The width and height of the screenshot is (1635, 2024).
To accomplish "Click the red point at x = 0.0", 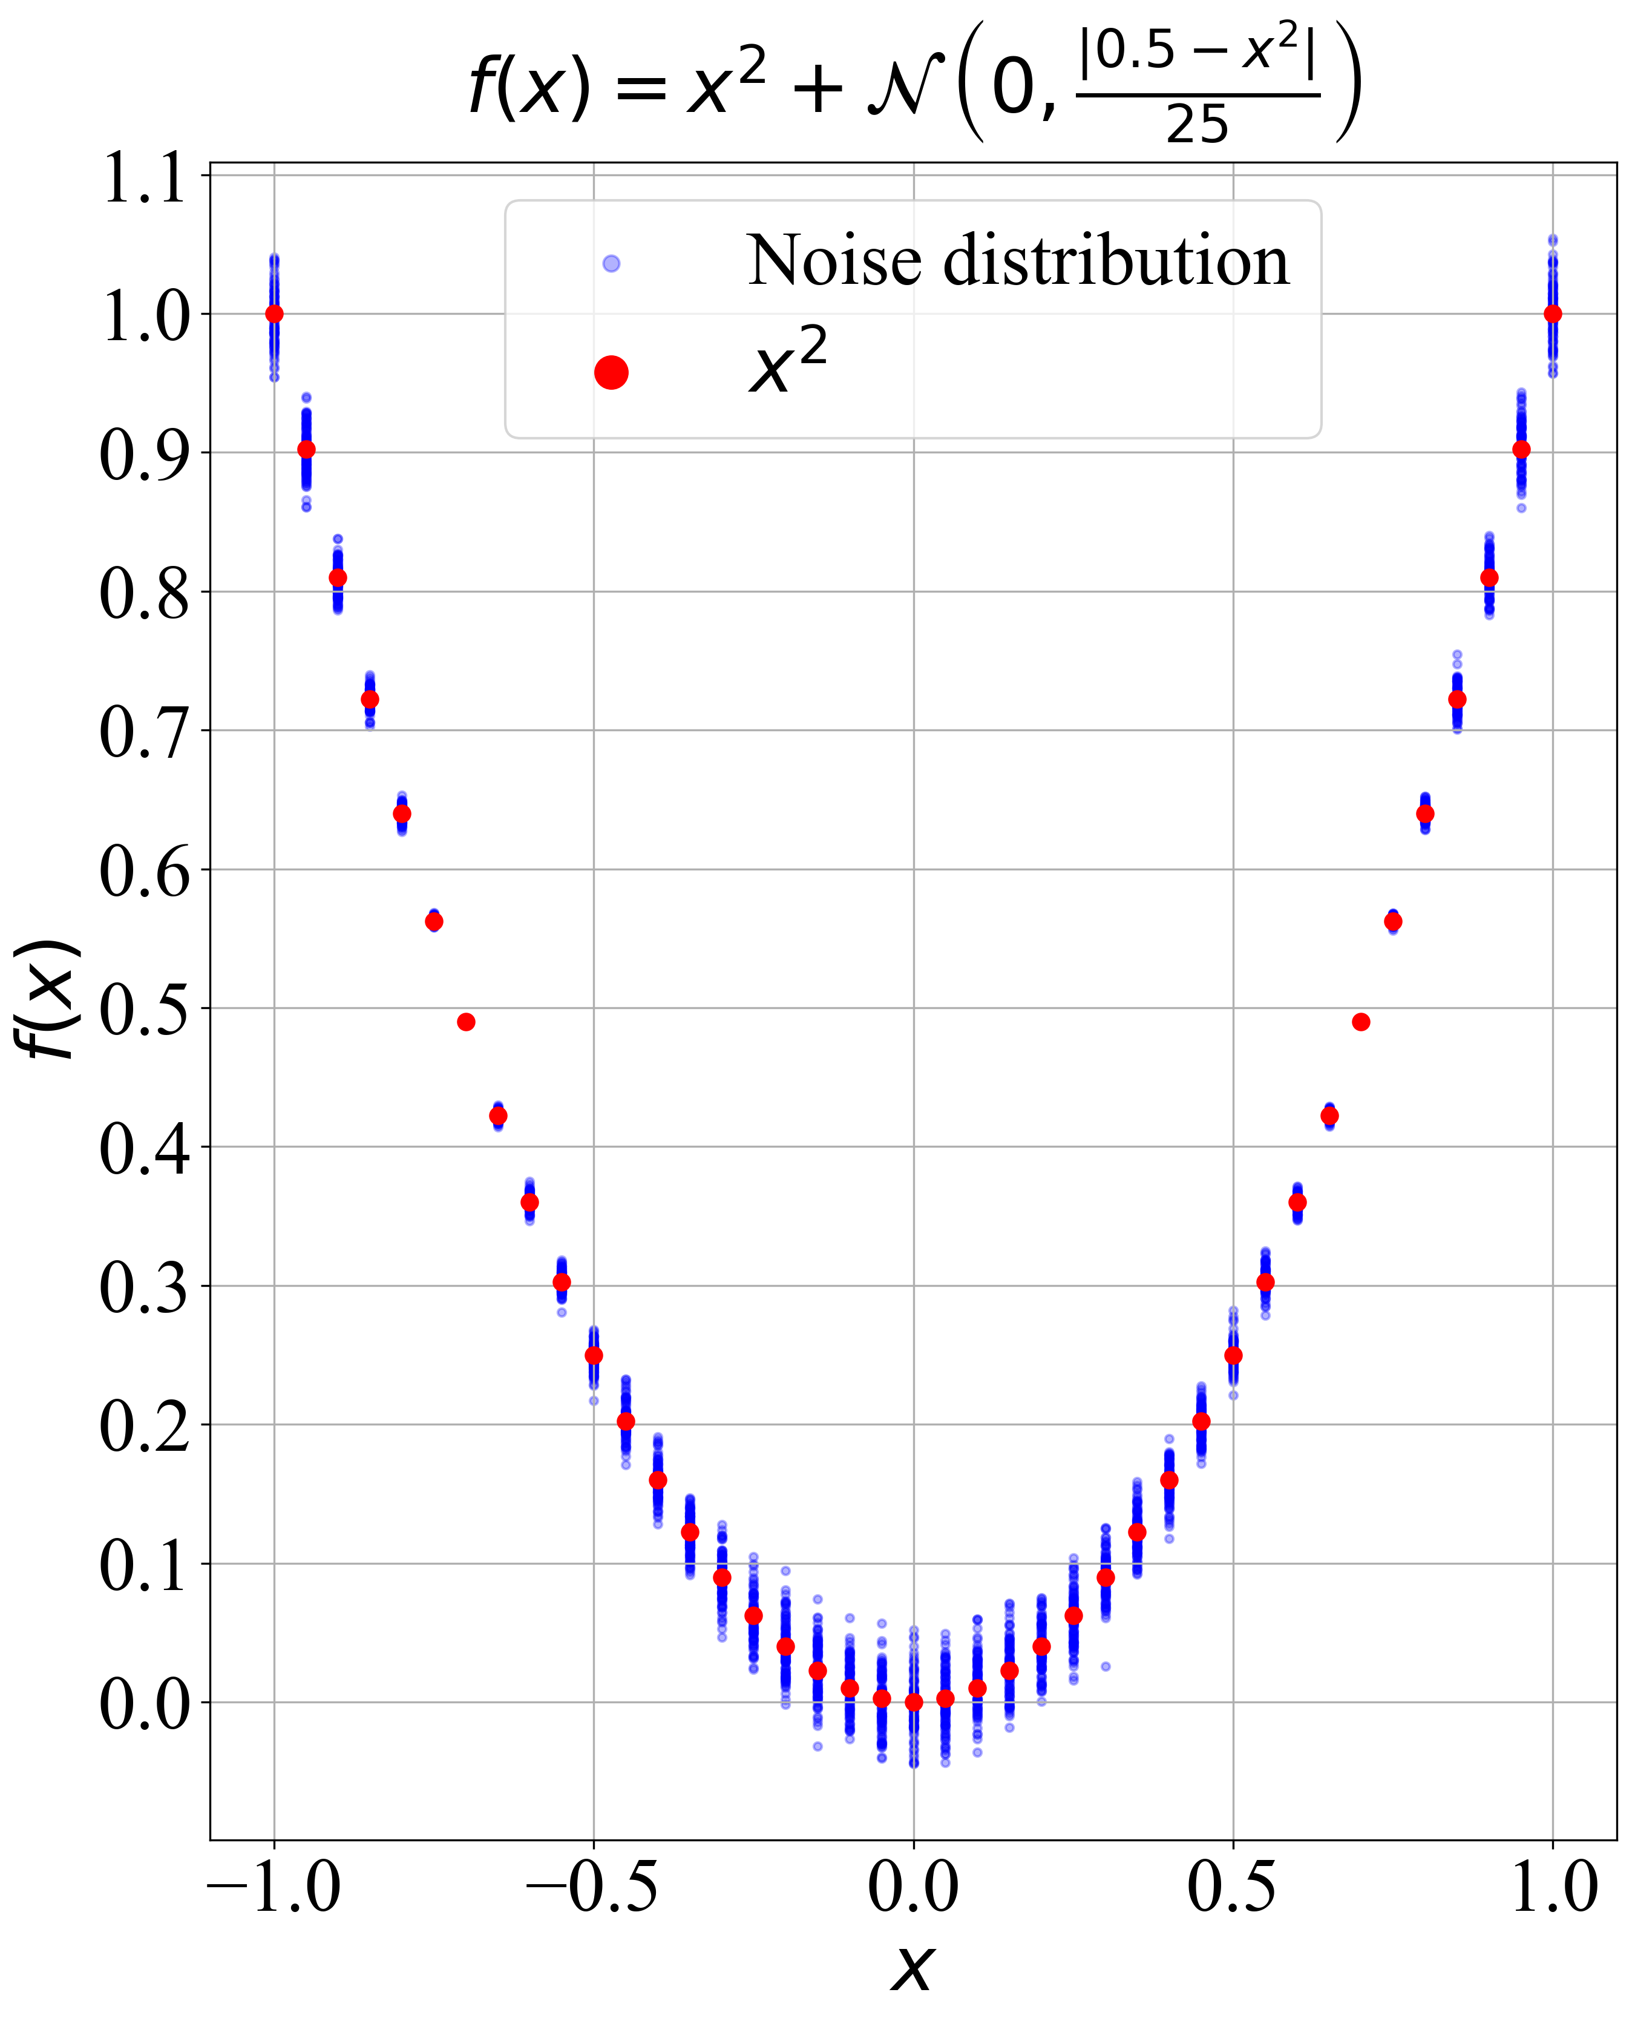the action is click(x=914, y=1702).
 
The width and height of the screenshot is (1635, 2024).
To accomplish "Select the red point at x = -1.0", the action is click(x=274, y=314).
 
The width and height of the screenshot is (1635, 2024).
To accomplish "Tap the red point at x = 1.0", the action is click(x=1553, y=314).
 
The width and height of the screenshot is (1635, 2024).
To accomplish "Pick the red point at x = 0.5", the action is click(x=1233, y=1355).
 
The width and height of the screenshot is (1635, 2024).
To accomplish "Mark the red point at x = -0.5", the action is click(x=594, y=1355).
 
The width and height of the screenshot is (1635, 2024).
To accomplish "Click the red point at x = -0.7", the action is click(x=466, y=1022).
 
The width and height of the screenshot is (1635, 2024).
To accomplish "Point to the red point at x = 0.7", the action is click(x=1361, y=1022).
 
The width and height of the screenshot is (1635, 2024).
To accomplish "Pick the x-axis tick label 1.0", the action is click(x=1554, y=1887).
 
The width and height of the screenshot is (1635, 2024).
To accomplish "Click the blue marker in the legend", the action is click(x=611, y=264).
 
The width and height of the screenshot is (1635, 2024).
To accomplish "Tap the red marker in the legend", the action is click(x=611, y=373).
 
